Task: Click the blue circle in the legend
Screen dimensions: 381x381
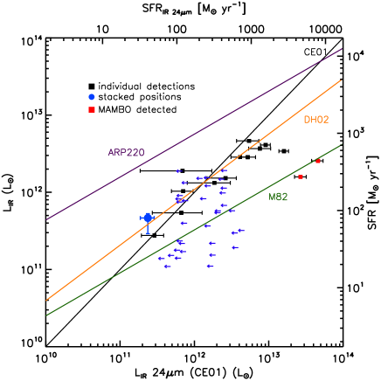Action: coord(92,97)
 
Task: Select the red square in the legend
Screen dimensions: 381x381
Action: coord(92,110)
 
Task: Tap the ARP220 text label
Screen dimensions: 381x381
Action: coord(126,153)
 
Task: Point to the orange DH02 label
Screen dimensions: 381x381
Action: coord(316,120)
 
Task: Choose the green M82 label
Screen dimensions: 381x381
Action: coord(278,197)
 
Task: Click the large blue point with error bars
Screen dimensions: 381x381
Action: coord(148,218)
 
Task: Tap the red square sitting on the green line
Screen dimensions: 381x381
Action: coord(318,161)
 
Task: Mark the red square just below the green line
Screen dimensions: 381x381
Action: coord(301,177)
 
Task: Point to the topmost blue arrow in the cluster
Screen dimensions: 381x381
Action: coord(178,171)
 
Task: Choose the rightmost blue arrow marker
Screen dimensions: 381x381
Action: coord(240,231)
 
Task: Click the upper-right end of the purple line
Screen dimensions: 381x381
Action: coord(341,49)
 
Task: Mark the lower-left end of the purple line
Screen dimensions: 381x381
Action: coord(46,219)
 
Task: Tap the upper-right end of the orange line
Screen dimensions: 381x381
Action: coord(341,80)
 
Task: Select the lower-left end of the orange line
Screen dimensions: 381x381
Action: coord(46,301)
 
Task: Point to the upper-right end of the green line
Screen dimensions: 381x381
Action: coord(341,145)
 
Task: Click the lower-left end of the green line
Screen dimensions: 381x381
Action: coord(46,315)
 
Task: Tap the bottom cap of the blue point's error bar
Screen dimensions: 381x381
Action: coord(148,233)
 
